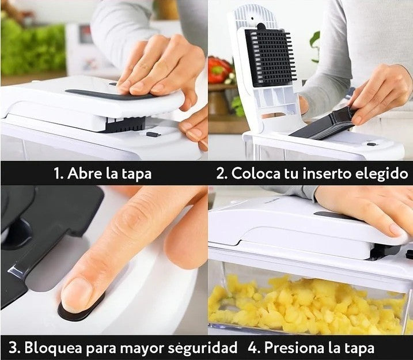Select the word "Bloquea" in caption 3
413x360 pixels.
pos(53,348)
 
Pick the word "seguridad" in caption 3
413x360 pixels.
pos(202,348)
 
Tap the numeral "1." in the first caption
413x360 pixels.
pos(59,174)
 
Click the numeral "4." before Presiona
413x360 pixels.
pos(254,348)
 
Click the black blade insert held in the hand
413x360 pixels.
pos(324,125)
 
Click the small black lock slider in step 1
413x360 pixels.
pos(153,134)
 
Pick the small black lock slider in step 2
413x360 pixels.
pos(372,145)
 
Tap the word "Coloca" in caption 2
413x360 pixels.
pos(256,173)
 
